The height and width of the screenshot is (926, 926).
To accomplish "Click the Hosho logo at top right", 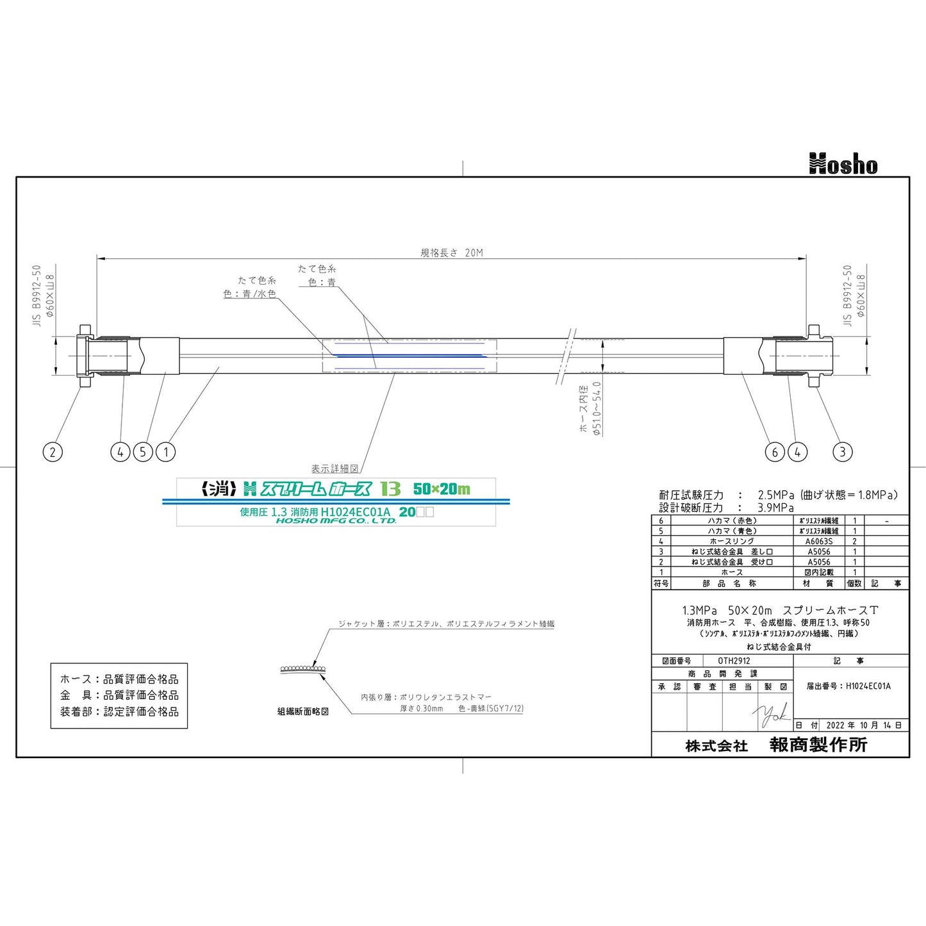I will tap(843, 164).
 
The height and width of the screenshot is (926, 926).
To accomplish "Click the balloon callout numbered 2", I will tap(53, 452).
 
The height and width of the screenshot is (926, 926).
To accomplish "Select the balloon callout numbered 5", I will tap(143, 452).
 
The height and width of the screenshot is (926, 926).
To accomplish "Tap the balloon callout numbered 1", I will tap(166, 452).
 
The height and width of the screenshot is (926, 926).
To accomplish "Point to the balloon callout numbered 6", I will tap(775, 452).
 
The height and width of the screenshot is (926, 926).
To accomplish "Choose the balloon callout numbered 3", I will tap(842, 452).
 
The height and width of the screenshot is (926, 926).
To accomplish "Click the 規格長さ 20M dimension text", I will tap(451, 252).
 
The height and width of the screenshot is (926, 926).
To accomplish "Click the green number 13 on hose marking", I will tap(390, 489).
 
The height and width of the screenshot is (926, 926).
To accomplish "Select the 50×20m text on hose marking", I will tap(442, 489).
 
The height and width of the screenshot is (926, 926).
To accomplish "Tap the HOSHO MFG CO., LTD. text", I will tap(336, 521).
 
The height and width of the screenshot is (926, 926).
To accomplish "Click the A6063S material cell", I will tap(819, 542).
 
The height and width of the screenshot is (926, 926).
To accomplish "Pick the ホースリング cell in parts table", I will tap(732, 542).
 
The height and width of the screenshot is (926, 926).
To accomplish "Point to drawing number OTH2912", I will tap(734, 661).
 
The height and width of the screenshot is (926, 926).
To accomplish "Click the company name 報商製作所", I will tap(818, 745).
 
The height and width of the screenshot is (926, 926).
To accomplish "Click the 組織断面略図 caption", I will tap(303, 711).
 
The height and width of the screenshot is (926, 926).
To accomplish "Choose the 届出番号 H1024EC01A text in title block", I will tap(848, 686).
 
